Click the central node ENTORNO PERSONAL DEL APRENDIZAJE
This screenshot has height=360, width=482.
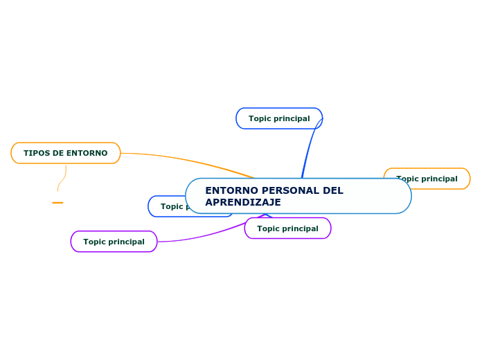(298, 196)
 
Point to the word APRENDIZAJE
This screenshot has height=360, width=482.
(243, 202)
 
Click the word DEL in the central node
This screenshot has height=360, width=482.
(333, 190)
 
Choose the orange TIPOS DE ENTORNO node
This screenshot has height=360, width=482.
(66, 153)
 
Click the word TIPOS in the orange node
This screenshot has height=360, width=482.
(35, 153)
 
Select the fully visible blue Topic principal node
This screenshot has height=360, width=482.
(279, 118)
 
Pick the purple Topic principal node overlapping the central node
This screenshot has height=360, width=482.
(287, 228)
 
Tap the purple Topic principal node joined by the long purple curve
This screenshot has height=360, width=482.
(114, 242)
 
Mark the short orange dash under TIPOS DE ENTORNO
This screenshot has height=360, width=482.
(57, 203)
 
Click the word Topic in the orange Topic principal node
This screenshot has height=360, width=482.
(408, 179)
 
